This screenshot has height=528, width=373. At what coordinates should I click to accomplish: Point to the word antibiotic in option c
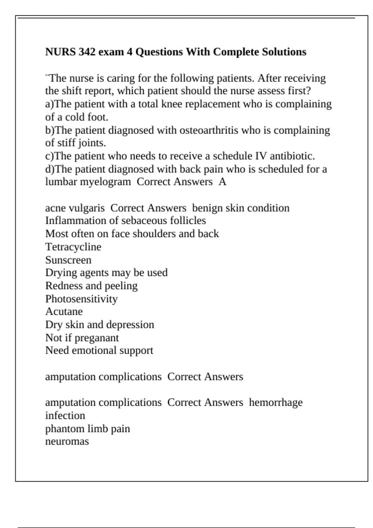pos(292,156)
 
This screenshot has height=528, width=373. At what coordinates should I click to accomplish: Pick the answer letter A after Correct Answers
pos(222,182)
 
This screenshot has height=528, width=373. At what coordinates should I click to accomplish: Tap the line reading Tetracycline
pos(73,247)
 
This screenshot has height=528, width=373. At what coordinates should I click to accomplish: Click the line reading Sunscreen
pos(68,260)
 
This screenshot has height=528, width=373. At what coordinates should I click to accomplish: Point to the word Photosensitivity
pos(81,299)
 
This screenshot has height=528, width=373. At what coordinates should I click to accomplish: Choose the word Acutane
pos(64,312)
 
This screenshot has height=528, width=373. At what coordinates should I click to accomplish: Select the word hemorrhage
pos(276,403)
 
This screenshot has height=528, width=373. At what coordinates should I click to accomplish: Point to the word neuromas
pos(67,441)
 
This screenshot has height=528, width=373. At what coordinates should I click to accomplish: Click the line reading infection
pos(65,416)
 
